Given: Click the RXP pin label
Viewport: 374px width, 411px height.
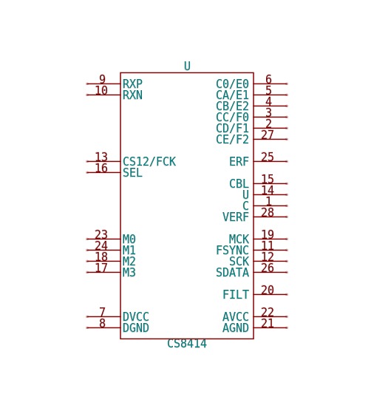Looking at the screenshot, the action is pyautogui.click(x=132, y=84).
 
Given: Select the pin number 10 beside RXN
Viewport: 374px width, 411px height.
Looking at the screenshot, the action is pyautogui.click(x=101, y=90).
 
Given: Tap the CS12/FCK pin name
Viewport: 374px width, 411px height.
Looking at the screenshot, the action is pyautogui.click(x=149, y=162).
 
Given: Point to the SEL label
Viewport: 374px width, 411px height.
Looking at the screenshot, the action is pyautogui.click(x=132, y=173).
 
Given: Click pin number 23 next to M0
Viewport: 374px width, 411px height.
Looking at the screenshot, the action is pyautogui.click(x=101, y=234).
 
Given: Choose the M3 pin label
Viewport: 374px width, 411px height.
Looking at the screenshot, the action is pyautogui.click(x=129, y=273).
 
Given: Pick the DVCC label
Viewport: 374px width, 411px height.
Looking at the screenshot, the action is pyautogui.click(x=136, y=317).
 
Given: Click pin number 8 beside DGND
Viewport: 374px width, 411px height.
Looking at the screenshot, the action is pyautogui.click(x=102, y=323).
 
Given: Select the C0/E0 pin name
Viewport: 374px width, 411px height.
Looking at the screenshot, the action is pyautogui.click(x=232, y=84).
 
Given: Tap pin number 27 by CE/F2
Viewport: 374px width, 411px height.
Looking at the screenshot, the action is pyautogui.click(x=268, y=135).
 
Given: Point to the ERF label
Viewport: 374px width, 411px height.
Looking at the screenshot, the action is pyautogui.click(x=239, y=162).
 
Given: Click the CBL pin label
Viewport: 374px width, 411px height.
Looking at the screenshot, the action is pyautogui.click(x=239, y=184).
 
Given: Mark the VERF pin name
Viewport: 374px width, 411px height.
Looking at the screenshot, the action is pyautogui.click(x=236, y=217).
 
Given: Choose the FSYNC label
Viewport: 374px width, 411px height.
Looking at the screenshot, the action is pyautogui.click(x=232, y=251).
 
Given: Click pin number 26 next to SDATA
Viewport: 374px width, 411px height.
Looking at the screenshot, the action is pyautogui.click(x=268, y=268).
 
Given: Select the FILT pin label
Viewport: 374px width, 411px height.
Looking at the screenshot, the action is pyautogui.click(x=236, y=295).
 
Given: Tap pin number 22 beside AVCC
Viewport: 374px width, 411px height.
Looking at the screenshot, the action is pyautogui.click(x=268, y=312).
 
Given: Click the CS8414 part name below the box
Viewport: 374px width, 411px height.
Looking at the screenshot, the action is pyautogui.click(x=187, y=344).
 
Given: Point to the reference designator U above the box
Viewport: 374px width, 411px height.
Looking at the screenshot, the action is pyautogui.click(x=187, y=66).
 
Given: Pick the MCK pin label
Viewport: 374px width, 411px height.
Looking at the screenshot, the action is pyautogui.click(x=239, y=240).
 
